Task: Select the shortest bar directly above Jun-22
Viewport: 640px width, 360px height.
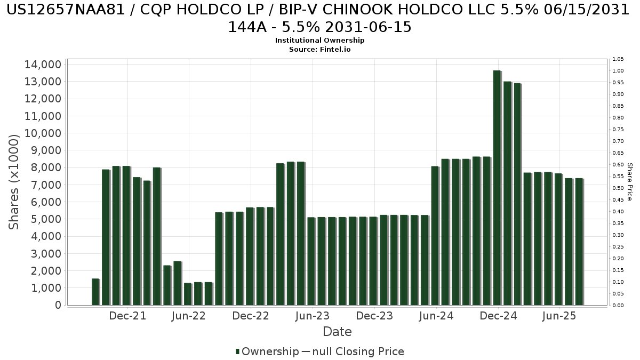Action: point(187,294)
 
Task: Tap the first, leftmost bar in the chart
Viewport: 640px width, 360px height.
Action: point(95,292)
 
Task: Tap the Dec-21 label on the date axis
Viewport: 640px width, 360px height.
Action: point(127,316)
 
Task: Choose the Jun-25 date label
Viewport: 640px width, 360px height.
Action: point(559,316)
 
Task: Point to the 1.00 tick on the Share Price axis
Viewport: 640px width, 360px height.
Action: point(618,71)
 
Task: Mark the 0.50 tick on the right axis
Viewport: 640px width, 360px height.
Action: point(618,188)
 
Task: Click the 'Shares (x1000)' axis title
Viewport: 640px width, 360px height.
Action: point(14,182)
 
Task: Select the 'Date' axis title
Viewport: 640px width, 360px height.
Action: point(337,332)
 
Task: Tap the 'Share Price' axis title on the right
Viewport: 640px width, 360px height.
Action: point(629,182)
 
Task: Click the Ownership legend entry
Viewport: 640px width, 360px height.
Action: point(267,351)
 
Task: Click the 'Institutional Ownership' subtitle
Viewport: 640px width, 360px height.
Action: point(319,41)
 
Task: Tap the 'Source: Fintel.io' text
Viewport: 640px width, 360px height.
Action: point(319,49)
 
